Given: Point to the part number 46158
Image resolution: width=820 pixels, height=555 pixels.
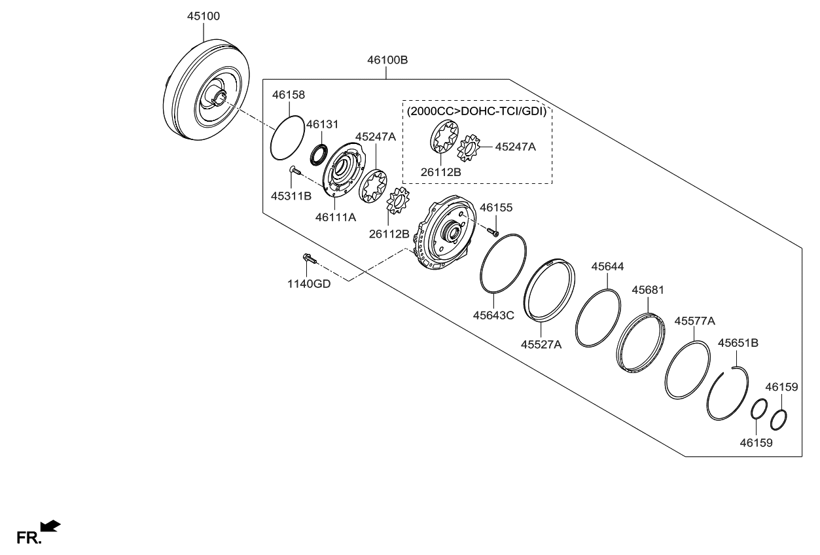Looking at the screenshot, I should click(x=289, y=96).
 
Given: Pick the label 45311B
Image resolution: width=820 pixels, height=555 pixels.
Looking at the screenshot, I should click(x=293, y=194).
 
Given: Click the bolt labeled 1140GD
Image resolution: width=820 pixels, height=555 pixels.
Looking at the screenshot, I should click(x=308, y=259).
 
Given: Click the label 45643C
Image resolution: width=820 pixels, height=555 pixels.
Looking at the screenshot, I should click(x=493, y=315).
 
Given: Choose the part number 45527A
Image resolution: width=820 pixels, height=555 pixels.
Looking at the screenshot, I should click(x=541, y=344).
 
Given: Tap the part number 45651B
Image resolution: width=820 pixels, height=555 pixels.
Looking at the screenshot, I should click(x=738, y=342).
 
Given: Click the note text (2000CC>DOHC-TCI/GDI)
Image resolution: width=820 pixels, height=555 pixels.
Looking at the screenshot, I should click(x=476, y=111).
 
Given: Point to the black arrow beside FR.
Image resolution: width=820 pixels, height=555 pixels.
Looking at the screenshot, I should click(x=50, y=526).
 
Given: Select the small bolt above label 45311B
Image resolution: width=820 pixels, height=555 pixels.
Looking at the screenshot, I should click(x=294, y=170).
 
